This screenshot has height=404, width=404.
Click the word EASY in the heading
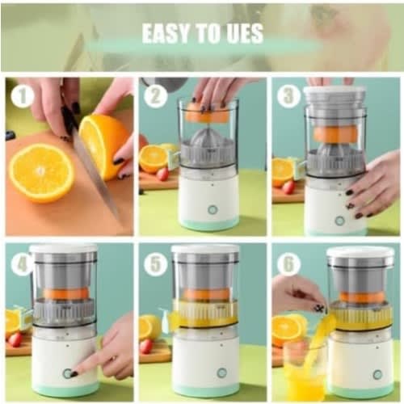pos(166,33)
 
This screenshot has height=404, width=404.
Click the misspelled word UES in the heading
pos(245,33)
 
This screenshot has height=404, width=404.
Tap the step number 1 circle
pos(23,96)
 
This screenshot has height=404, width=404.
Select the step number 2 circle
pos(155,96)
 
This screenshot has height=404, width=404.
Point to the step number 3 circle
pos(288,96)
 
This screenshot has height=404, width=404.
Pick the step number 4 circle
pos(22,264)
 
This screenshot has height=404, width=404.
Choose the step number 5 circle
pos(155,264)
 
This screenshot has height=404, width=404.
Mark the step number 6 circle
pos(288,264)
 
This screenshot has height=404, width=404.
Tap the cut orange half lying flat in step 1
pos(42,173)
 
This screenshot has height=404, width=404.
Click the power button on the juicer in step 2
pos(213,210)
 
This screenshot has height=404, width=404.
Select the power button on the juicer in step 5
pos(221,372)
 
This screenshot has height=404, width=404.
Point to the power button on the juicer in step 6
pos(377,375)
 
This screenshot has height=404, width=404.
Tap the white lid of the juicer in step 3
pos(335,93)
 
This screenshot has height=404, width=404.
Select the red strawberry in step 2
pos(162,175)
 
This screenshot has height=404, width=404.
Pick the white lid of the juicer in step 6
pos(361,252)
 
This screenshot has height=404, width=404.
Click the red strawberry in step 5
pos(147,347)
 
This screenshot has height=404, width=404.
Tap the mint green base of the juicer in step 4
pos(64,389)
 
